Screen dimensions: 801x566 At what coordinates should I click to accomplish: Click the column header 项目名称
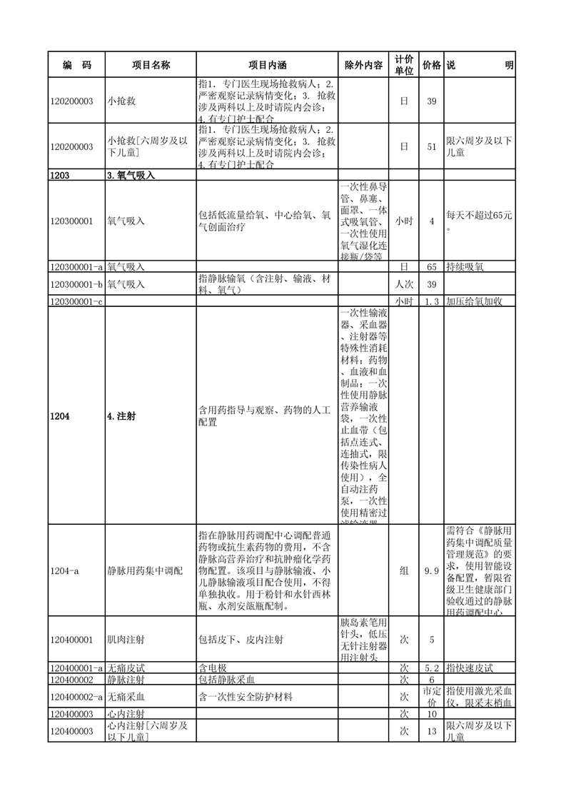151,65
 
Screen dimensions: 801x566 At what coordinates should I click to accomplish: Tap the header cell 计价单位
403,65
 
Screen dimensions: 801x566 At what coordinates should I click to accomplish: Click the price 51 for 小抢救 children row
431,146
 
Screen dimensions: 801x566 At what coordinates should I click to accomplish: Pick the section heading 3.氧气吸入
131,175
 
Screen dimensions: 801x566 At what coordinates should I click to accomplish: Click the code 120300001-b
77,284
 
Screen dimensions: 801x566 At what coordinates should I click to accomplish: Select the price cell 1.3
431,302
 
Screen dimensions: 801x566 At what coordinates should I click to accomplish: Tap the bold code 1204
61,416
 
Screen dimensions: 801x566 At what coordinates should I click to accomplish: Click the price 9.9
431,570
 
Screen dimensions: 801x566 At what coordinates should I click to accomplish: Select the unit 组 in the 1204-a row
403,570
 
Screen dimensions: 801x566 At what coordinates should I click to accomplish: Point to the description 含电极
213,668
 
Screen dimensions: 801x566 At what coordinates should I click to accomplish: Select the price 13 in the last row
431,731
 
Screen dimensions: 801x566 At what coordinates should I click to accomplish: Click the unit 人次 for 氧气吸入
403,284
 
